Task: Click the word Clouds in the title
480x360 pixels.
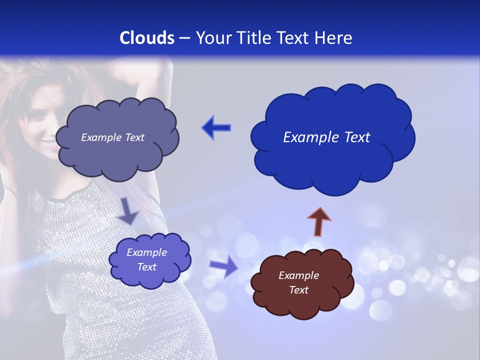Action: click(x=147, y=38)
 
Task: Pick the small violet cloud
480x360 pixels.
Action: click(x=149, y=259)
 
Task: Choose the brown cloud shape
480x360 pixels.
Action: click(x=302, y=283)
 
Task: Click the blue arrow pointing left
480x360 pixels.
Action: click(x=216, y=127)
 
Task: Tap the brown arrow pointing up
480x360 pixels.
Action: click(x=318, y=221)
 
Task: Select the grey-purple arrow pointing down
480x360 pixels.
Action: click(x=128, y=211)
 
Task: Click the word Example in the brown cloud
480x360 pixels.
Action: click(x=298, y=275)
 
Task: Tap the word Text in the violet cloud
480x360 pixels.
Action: click(x=147, y=267)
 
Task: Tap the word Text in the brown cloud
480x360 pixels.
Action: click(x=298, y=290)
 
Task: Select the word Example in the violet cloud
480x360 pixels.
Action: click(x=147, y=252)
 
